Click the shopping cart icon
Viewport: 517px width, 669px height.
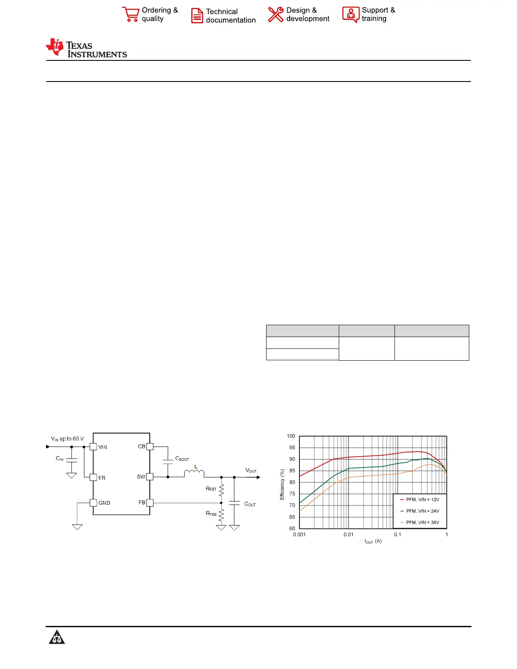coord(131,14)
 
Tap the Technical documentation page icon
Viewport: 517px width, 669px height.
coord(197,16)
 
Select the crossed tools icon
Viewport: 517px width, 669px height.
coord(275,14)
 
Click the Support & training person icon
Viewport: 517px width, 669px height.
coord(351,14)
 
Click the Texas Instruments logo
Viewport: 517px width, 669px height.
coord(86,48)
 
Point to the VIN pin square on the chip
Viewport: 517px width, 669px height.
coord(93,447)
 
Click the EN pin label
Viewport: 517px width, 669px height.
coord(102,478)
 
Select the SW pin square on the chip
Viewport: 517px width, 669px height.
coord(150,477)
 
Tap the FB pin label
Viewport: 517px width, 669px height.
coord(141,503)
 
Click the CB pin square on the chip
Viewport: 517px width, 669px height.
coord(150,447)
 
